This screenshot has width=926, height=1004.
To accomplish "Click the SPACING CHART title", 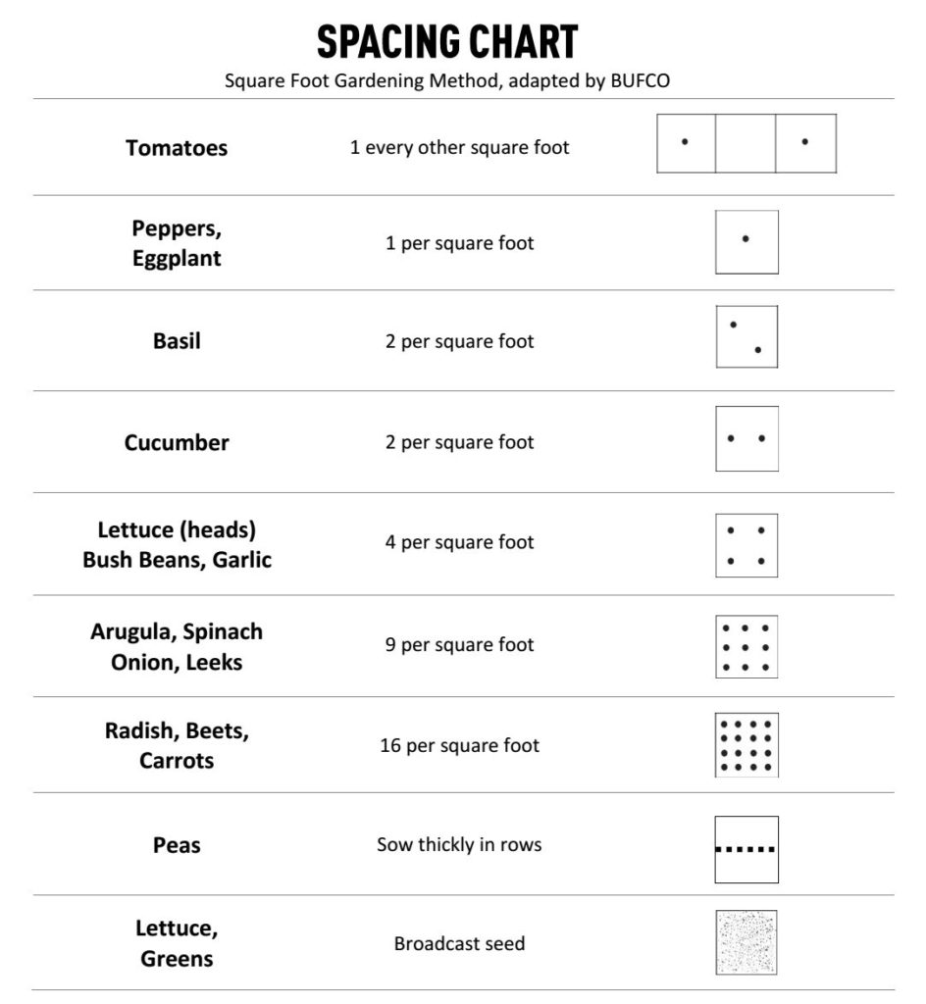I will (447, 42).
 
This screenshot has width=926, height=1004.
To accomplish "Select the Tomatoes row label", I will (177, 148).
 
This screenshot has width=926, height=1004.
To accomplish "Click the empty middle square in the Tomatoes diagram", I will (746, 144).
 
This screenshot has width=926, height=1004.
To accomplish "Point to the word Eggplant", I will (177, 259).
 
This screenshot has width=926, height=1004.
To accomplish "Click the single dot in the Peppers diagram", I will (746, 238).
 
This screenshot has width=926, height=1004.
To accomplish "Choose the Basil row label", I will (177, 341).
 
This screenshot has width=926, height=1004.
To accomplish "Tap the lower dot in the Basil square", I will (758, 350).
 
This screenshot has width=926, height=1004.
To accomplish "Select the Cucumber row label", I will (177, 442).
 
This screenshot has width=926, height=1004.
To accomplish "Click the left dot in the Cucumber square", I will (731, 438).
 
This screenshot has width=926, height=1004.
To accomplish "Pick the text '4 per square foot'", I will (459, 542).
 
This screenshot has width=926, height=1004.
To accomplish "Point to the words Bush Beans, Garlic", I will (177, 561).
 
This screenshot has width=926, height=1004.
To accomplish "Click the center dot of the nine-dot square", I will (746, 647).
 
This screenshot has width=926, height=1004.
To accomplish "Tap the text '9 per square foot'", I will (459, 645).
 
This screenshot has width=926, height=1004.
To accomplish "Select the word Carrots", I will (177, 761).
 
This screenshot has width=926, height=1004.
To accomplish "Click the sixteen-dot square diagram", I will (746, 745).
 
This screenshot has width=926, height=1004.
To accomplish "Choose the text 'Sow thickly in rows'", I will (459, 844).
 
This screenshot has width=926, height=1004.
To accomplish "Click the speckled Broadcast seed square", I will (746, 942).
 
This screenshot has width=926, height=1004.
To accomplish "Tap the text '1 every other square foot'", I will (459, 148).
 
